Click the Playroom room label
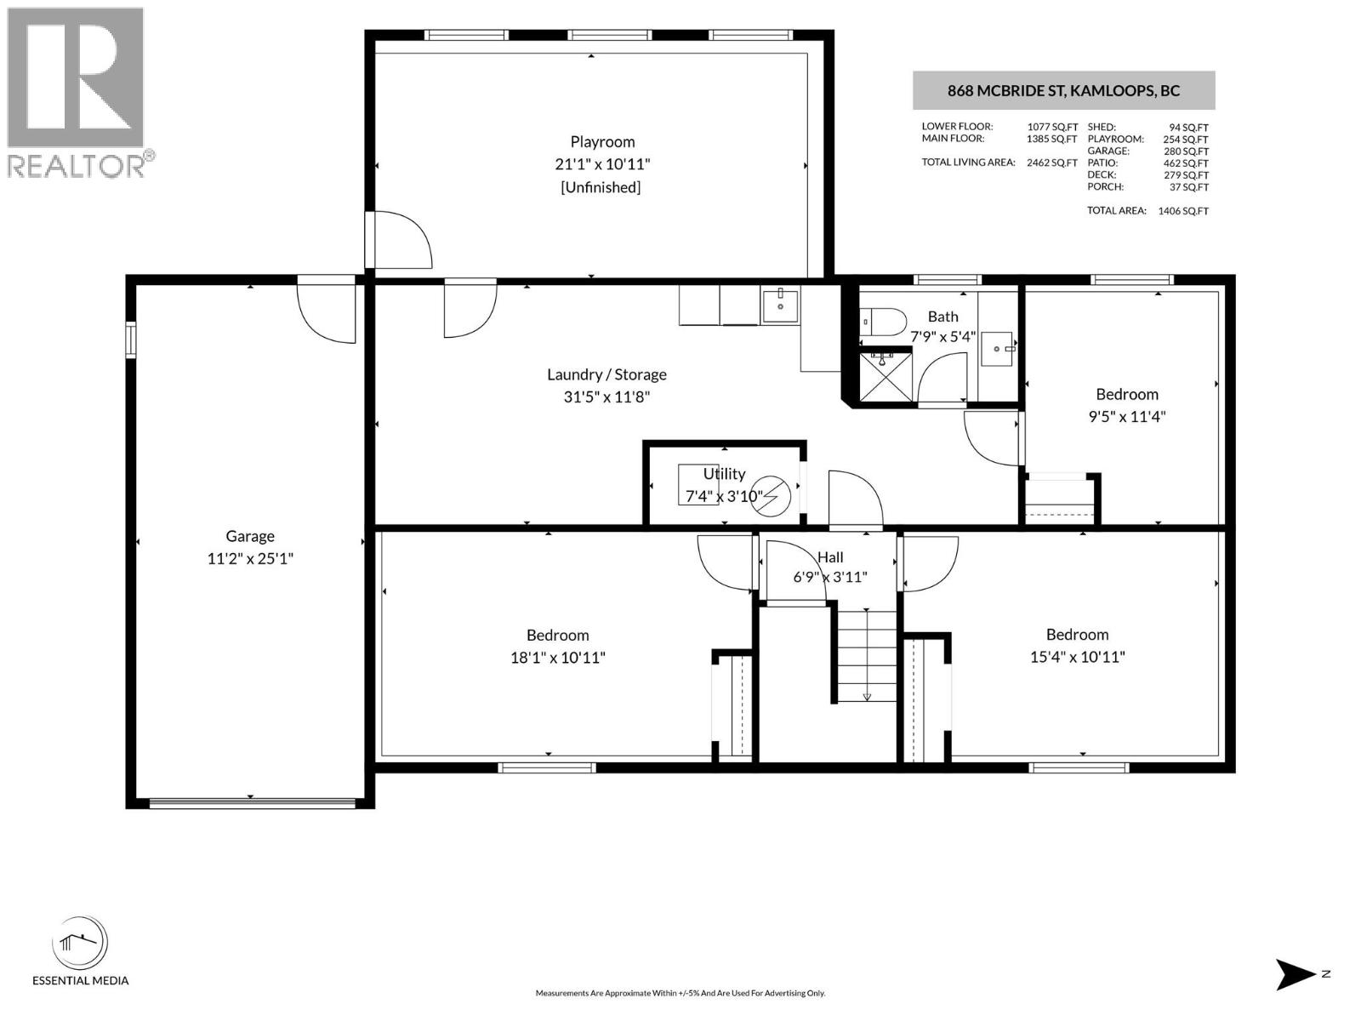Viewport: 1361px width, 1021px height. tap(602, 142)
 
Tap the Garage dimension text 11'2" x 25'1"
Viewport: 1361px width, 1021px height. tap(250, 558)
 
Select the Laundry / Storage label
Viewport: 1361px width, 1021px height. tap(606, 374)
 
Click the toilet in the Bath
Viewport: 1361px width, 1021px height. tap(883, 322)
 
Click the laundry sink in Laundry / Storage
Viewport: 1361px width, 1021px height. tap(781, 305)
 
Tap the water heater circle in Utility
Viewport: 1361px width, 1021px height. tap(771, 496)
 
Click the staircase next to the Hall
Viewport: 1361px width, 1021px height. tap(867, 655)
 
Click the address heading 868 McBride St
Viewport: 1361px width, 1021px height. tap(1063, 90)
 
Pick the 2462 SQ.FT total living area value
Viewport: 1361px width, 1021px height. tap(1051, 163)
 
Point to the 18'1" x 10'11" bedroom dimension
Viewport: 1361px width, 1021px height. tap(557, 657)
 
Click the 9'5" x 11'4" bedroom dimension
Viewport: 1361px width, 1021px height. tap(1126, 416)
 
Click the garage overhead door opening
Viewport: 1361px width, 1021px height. tap(252, 803)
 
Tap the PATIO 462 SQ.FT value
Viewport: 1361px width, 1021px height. tap(1186, 163)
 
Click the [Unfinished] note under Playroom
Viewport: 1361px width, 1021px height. tap(601, 187)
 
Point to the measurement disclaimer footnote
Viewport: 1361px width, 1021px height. tap(680, 993)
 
